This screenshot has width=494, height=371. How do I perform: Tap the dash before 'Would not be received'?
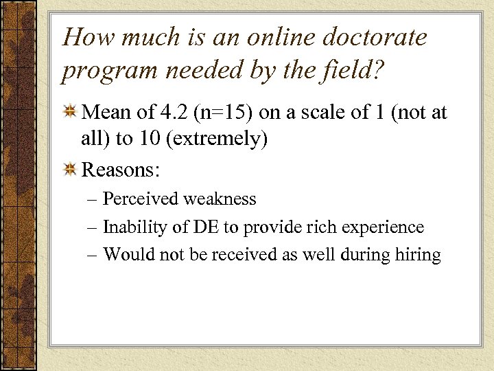tap(93, 255)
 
